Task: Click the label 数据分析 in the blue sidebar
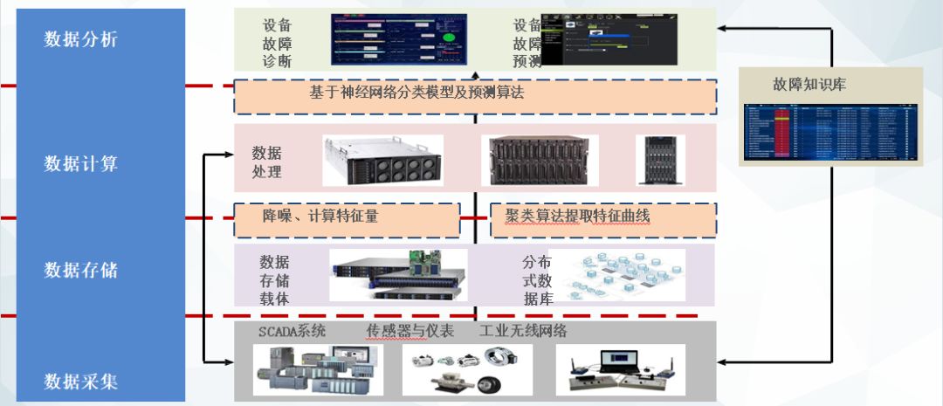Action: tap(81, 39)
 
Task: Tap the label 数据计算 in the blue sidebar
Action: tap(81, 163)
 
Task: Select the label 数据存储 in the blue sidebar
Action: tap(81, 270)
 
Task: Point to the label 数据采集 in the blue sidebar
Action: tap(81, 382)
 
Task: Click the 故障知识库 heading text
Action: tap(809, 85)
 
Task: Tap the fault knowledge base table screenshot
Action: tap(830, 133)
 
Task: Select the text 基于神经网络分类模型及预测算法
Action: tap(416, 92)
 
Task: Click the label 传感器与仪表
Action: tap(410, 331)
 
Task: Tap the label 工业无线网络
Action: tap(523, 331)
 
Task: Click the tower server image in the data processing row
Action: tap(661, 159)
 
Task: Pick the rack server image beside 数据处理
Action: tap(382, 160)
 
